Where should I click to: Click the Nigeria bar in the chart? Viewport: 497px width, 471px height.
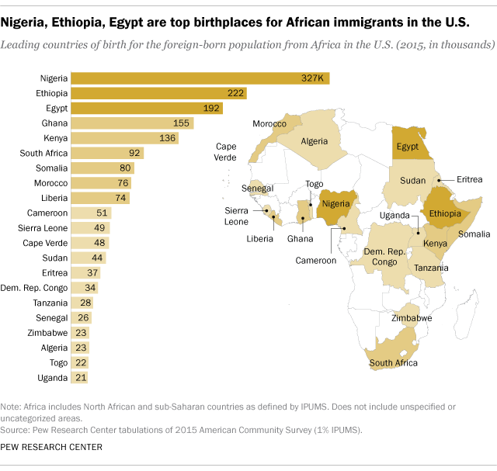(200, 78)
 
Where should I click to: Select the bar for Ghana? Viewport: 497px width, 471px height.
(132, 123)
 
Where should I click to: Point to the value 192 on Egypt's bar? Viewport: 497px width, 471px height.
(212, 108)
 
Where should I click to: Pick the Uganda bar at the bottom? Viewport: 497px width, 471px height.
(79, 377)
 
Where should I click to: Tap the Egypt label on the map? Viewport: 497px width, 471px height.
(408, 146)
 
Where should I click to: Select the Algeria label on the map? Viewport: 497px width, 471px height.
(315, 141)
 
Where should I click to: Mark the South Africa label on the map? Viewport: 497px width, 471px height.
(394, 362)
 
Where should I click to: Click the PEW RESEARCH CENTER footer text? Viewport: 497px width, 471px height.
(52, 447)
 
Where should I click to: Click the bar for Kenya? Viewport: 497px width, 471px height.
(125, 138)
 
